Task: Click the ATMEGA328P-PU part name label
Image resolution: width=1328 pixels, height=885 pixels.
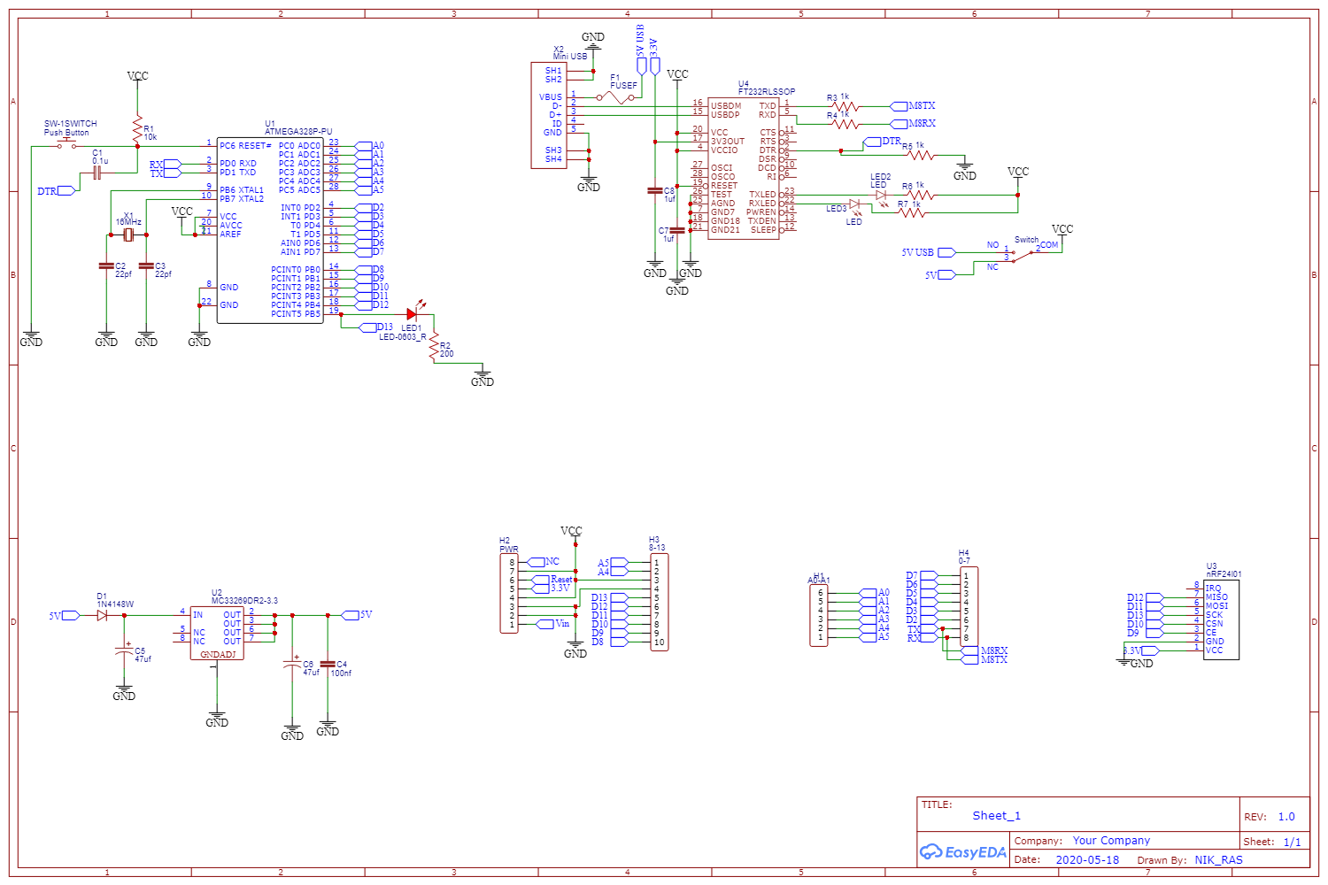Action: pos(298,132)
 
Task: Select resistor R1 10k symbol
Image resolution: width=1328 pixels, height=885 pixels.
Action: pos(137,130)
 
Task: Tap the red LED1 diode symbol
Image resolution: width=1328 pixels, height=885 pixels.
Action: pos(412,314)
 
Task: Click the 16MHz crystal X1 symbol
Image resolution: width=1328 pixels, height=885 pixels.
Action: pos(128,235)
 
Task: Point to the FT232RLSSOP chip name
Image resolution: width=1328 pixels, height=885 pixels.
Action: pos(767,91)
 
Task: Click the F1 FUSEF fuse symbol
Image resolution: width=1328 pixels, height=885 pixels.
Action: pos(617,97)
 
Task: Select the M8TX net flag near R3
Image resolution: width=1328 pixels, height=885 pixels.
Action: pos(899,106)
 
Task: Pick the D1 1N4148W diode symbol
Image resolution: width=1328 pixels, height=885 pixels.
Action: pos(102,615)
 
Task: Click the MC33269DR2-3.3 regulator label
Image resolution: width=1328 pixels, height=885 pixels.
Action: pos(244,601)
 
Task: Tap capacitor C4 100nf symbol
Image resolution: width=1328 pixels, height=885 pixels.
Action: pos(328,664)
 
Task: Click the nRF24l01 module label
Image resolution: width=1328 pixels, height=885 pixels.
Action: pos(1224,574)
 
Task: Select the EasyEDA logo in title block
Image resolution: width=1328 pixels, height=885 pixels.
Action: pos(963,852)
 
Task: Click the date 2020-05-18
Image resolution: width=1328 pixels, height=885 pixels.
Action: pos(1087,860)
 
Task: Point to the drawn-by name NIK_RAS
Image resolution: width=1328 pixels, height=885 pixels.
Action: pos(1218,860)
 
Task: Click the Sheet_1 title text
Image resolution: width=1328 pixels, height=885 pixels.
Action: pos(996,816)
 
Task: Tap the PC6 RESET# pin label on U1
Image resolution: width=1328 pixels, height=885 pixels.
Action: pos(245,146)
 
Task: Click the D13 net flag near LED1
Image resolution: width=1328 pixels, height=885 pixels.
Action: pos(369,327)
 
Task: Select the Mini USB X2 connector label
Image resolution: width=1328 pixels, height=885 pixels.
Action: pos(570,57)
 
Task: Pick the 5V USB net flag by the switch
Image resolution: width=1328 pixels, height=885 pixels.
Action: pos(946,253)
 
